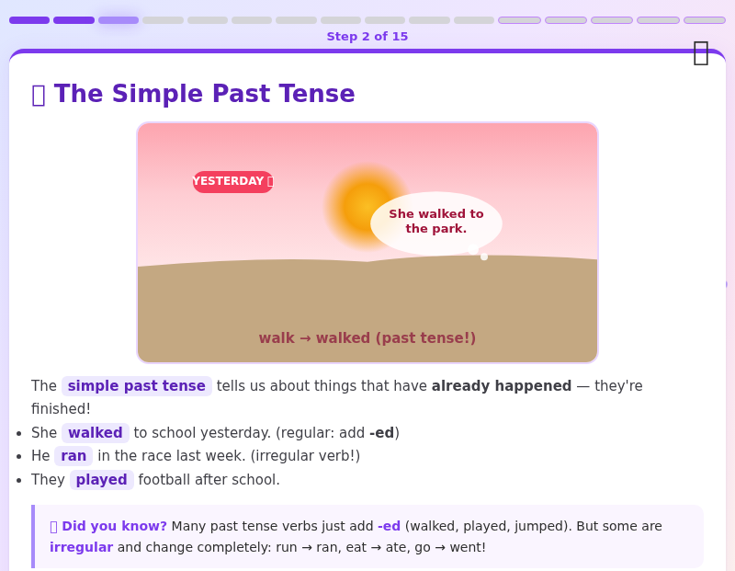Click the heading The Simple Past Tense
(x=204, y=94)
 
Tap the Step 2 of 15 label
(x=367, y=37)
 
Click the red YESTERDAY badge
(x=232, y=181)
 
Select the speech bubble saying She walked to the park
(x=436, y=222)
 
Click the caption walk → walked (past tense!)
(x=367, y=338)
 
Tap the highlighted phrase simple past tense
(x=137, y=386)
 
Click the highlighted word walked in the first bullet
(x=96, y=433)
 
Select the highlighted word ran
(x=73, y=456)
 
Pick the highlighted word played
(x=102, y=480)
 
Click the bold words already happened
(x=502, y=386)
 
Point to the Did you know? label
(x=114, y=526)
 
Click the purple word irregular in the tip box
(x=81, y=547)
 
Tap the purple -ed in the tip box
(x=389, y=526)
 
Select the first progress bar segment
(x=29, y=19)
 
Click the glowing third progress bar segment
(x=119, y=19)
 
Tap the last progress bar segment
(x=705, y=19)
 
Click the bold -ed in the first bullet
(x=381, y=433)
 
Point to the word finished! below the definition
(x=61, y=409)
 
